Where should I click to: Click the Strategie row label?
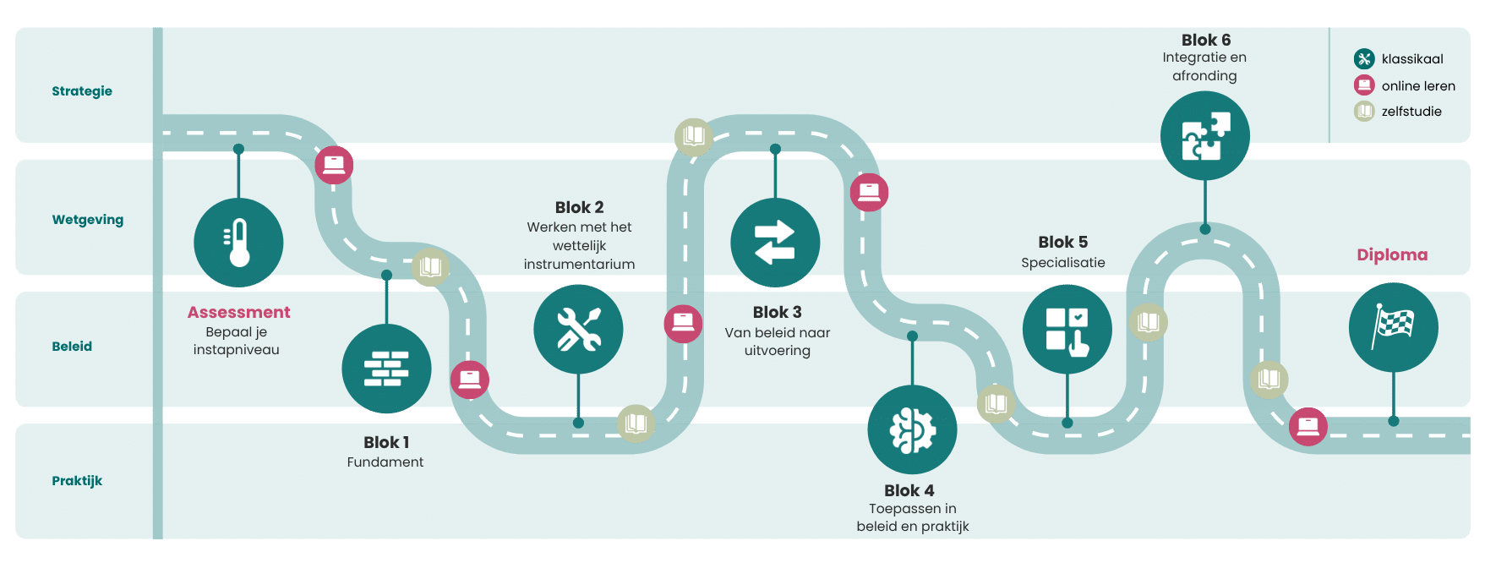coord(82,91)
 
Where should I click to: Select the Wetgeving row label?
coord(88,220)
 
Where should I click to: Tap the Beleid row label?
coord(72,347)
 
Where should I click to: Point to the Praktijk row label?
coord(77,481)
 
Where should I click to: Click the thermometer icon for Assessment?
coord(238,243)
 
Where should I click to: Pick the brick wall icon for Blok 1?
coord(386,369)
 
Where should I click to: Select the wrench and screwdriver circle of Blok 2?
coord(578,329)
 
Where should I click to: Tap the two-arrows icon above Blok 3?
coord(775,243)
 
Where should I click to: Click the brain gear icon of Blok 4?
coord(912,429)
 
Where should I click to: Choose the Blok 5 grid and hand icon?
coord(1067,330)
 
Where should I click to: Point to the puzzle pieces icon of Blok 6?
coord(1204,135)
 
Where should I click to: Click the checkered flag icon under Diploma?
coord(1393,327)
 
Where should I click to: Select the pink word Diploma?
coord(1392,255)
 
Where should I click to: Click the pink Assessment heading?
coord(238,313)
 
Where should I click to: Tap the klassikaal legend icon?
coord(1364,59)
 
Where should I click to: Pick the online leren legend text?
coord(1418,86)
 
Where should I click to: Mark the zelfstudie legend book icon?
coord(1364,111)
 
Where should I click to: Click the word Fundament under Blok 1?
coord(385,462)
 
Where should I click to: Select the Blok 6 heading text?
coord(1205,41)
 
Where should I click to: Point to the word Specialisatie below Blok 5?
coord(1062,263)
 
